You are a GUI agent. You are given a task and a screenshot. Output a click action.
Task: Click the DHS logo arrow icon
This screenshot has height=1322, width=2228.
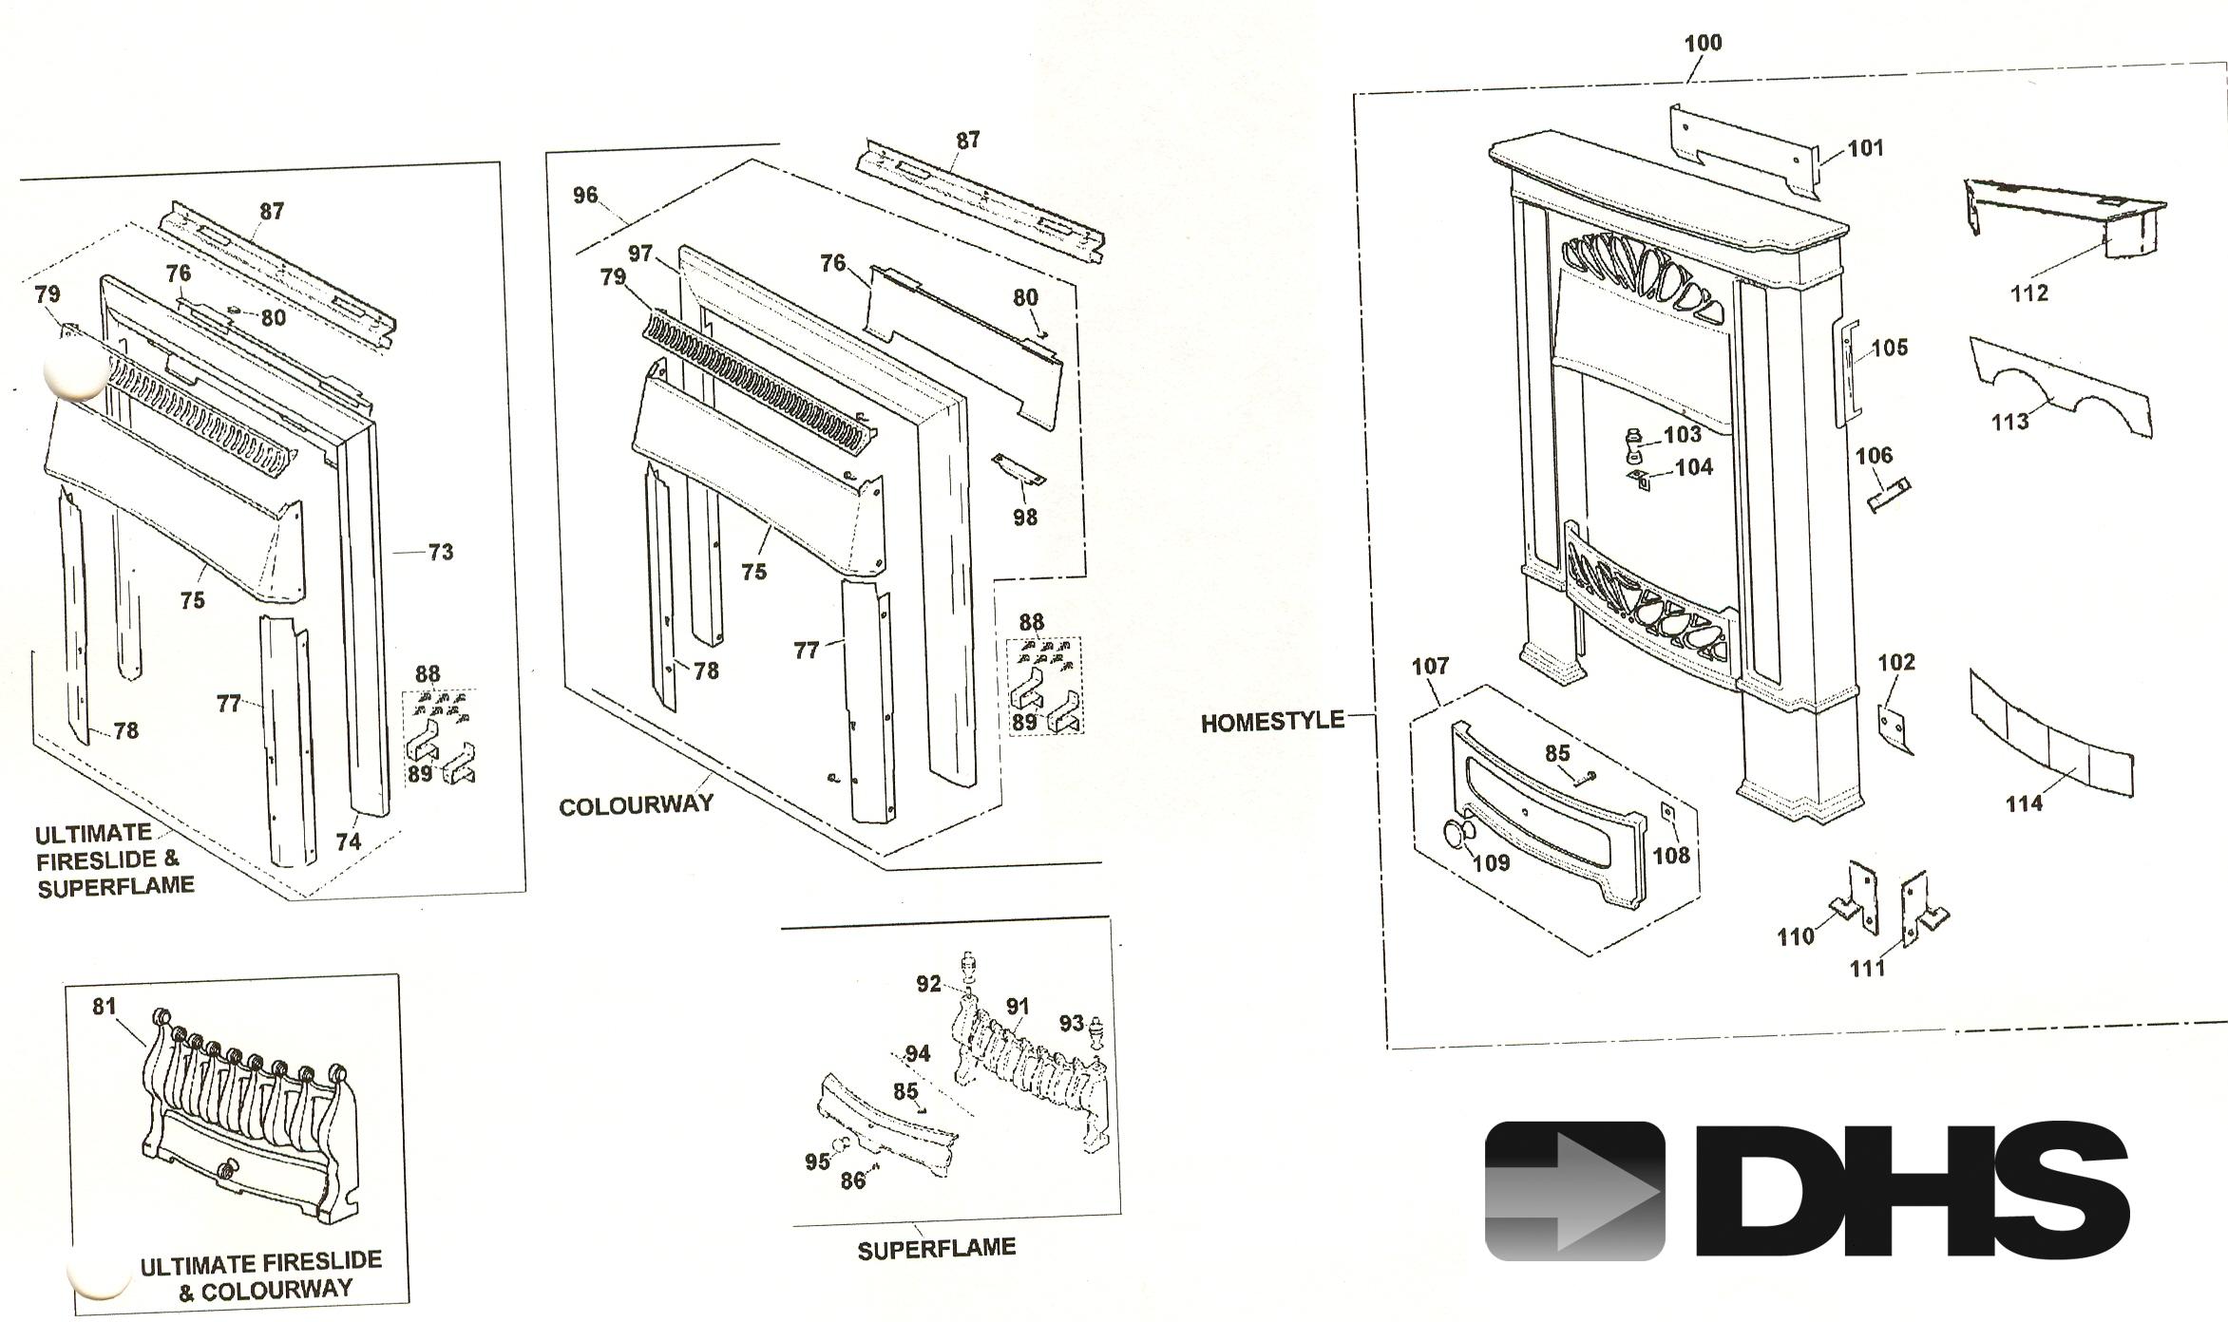pyautogui.click(x=1574, y=1191)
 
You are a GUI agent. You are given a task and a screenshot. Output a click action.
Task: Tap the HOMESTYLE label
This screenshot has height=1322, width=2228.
pyautogui.click(x=1272, y=722)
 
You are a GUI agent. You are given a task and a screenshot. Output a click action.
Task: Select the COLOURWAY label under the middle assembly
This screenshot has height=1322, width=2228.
pyautogui.click(x=636, y=806)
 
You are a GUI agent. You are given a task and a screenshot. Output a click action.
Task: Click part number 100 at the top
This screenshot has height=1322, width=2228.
pyautogui.click(x=1703, y=43)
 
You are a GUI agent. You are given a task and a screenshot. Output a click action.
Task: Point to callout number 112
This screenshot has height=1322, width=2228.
pyautogui.click(x=2029, y=293)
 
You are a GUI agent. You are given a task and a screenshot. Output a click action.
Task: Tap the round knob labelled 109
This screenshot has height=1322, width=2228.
pyautogui.click(x=1454, y=835)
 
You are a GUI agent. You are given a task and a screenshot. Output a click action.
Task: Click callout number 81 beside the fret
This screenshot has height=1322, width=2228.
pyautogui.click(x=105, y=1006)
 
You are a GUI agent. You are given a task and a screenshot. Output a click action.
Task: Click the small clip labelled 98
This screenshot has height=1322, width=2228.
pyautogui.click(x=1019, y=469)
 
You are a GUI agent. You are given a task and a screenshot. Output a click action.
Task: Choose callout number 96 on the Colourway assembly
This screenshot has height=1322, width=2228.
pyautogui.click(x=585, y=196)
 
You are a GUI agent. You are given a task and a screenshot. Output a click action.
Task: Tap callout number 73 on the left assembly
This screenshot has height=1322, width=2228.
pyautogui.click(x=441, y=552)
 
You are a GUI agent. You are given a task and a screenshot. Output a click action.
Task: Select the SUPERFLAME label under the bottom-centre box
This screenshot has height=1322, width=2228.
pyautogui.click(x=937, y=1248)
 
